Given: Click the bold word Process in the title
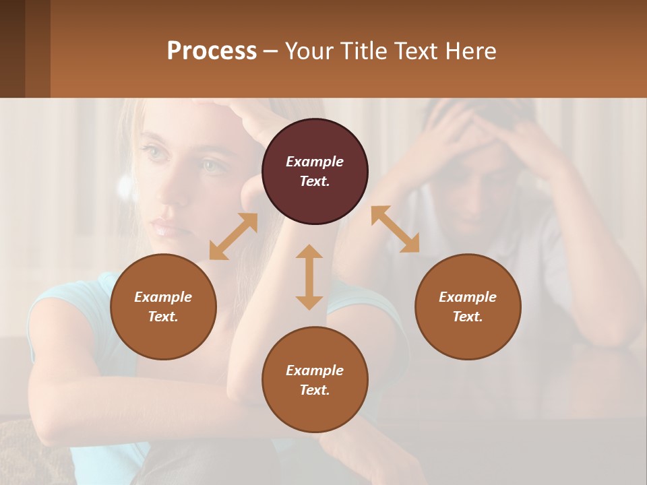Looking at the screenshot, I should click(x=212, y=51).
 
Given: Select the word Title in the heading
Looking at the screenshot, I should click(x=363, y=51).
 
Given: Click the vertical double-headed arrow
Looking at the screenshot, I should click(x=309, y=277).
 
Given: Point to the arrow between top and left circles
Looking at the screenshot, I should click(x=233, y=236).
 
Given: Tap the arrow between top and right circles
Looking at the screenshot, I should click(x=395, y=229).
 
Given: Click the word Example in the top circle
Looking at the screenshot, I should click(x=315, y=162).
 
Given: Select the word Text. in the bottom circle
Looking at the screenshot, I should click(x=315, y=390).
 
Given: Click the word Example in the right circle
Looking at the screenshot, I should click(x=468, y=297).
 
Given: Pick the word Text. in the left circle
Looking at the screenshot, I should click(x=163, y=317).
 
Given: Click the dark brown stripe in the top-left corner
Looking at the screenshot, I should click(x=12, y=48).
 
